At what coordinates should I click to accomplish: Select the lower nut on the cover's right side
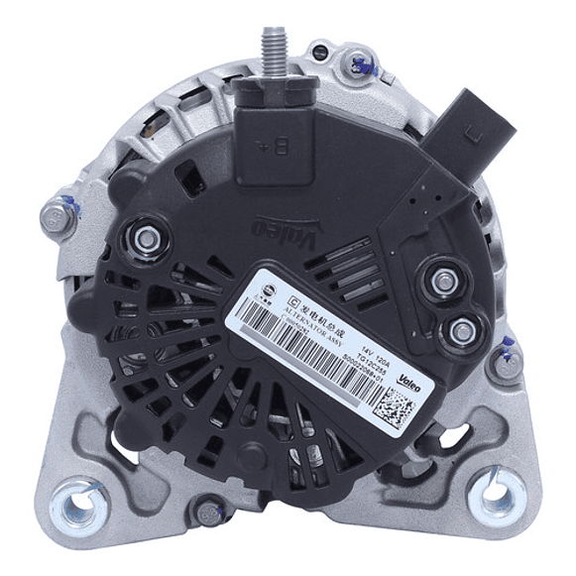pos(459,330)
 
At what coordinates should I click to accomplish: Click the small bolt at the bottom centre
pos(206,514)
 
